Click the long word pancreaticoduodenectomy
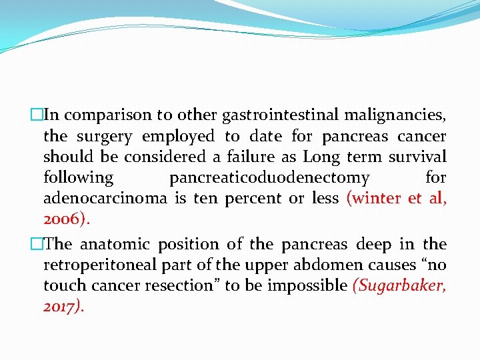coord(269,178)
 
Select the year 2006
coord(63,219)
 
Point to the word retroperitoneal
coord(93,265)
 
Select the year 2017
coord(61,307)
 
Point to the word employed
coord(178,137)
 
